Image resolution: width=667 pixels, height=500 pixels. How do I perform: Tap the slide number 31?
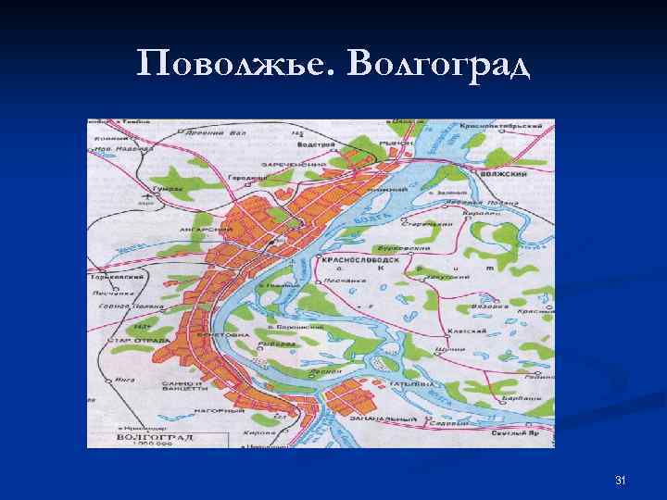tap(621, 480)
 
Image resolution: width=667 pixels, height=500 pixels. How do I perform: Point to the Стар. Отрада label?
tap(138, 339)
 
